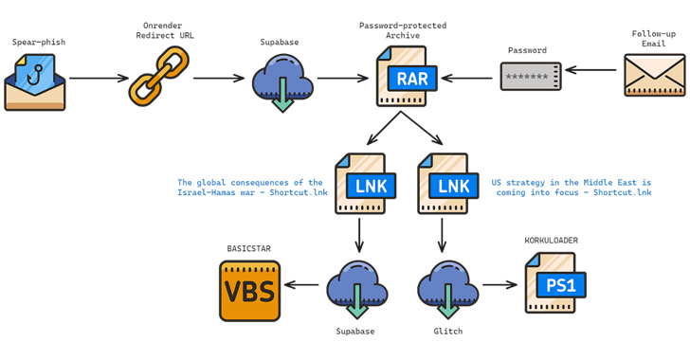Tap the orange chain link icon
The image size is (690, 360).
pos(158,75)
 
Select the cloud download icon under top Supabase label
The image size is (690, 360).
pos(281,80)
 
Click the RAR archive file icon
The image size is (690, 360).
pos(405,76)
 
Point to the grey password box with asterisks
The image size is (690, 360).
pos(531,76)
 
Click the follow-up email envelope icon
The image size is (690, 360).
pos(653,75)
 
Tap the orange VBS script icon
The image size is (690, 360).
pos(248,288)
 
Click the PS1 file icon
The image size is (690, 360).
pos(554,283)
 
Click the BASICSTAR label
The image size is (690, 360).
pos(248,248)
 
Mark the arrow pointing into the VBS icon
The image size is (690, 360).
pos(302,284)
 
